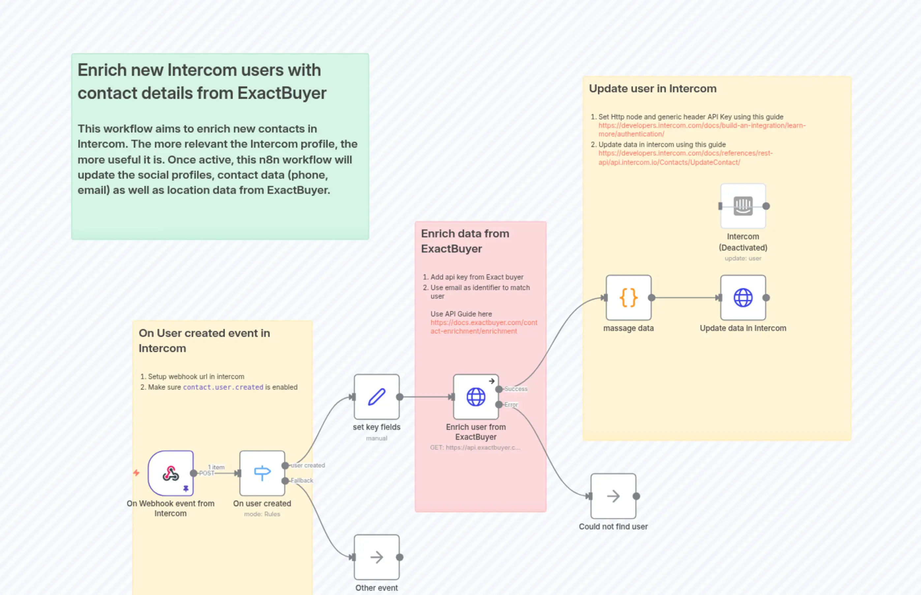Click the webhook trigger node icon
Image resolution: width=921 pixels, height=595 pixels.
click(170, 473)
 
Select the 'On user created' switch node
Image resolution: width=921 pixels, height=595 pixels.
click(262, 473)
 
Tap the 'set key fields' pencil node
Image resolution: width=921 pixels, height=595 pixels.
click(376, 397)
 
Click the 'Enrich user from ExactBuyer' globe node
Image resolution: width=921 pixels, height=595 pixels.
click(476, 397)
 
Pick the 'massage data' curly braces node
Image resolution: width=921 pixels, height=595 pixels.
click(628, 297)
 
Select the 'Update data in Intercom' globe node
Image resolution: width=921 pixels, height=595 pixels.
click(743, 297)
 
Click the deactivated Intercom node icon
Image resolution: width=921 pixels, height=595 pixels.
click(743, 206)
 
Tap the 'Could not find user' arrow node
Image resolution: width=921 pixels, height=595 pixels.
click(613, 496)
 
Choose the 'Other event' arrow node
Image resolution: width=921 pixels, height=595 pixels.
click(376, 557)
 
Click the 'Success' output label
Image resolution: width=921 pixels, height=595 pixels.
click(516, 389)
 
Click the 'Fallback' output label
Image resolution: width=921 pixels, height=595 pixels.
click(302, 481)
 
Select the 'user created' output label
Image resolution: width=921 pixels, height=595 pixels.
click(308, 465)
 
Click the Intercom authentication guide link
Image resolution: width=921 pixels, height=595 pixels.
click(701, 130)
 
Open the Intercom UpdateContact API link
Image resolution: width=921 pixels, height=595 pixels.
click(685, 158)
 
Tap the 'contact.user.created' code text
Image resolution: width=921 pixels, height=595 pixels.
click(223, 387)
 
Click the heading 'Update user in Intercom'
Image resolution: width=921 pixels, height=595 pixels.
click(652, 88)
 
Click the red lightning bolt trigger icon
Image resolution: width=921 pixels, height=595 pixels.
click(136, 473)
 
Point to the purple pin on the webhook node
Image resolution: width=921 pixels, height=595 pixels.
click(186, 489)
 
